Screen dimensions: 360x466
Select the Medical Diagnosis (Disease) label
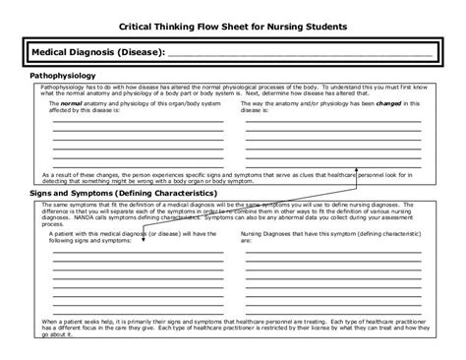(x=93, y=51)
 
